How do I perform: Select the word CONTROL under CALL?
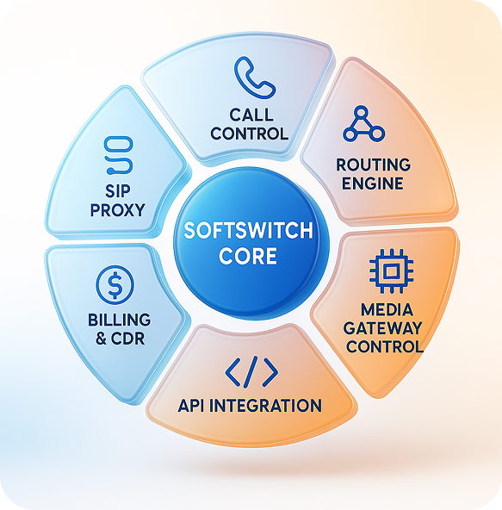point(249,134)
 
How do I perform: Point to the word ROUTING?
point(374,165)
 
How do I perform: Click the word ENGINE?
point(372,183)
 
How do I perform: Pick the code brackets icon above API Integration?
point(251,372)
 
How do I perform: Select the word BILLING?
point(115,320)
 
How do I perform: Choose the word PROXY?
point(115,209)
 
